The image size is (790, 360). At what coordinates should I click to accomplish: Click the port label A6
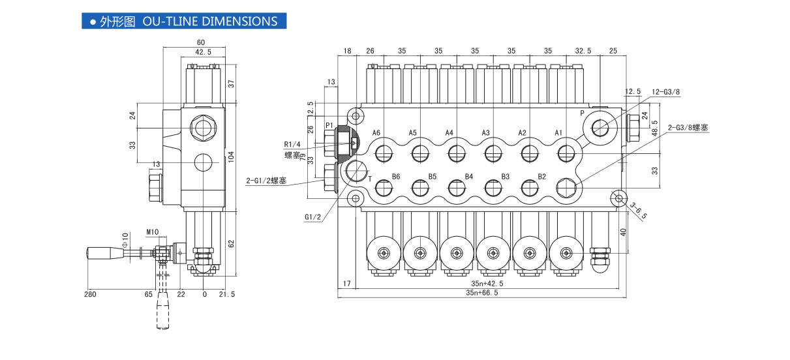376,133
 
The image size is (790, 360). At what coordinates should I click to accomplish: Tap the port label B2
541,177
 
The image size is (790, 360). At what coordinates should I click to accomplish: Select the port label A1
559,133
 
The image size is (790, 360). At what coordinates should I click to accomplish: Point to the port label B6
395,177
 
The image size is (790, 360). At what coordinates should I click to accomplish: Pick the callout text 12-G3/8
666,92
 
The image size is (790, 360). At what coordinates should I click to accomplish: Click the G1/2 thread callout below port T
313,217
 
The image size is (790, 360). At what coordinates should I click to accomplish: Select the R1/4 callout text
292,144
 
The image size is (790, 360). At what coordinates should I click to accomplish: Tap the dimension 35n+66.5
482,293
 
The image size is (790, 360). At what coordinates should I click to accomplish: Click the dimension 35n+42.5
487,284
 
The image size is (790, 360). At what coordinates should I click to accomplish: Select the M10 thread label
153,232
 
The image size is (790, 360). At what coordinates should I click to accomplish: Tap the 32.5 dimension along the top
583,50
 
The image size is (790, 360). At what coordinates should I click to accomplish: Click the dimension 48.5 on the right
655,123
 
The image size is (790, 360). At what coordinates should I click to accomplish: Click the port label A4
449,133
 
